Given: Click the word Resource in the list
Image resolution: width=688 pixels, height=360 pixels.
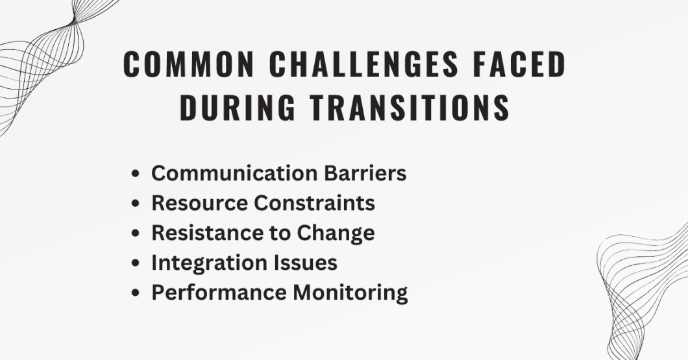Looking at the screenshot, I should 199,203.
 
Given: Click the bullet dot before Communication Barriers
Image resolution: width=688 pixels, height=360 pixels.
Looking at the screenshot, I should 136,174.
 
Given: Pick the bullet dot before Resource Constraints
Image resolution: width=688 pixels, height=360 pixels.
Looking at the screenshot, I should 136,204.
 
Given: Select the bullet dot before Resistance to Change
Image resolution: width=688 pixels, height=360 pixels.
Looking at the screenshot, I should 136,234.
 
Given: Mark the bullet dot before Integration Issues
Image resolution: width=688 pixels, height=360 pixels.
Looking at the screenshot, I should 136,263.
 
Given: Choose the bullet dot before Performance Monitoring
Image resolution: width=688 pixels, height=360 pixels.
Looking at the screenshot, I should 136,293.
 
